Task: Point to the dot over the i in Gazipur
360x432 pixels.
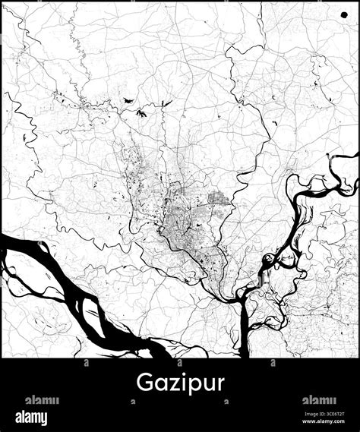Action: tap(181, 372)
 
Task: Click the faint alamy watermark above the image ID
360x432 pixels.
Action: tap(319, 400)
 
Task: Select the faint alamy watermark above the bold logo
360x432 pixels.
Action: tap(42, 400)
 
